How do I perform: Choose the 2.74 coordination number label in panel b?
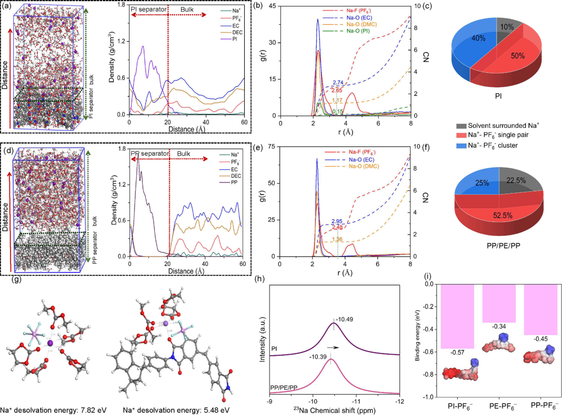(x=338, y=83)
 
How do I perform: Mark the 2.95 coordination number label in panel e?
(x=338, y=221)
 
